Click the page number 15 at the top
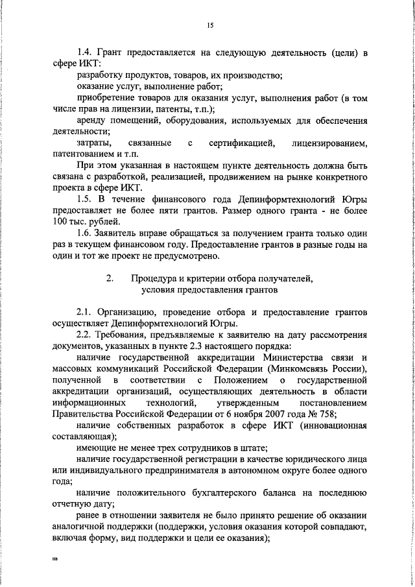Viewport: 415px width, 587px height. (x=209, y=25)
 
